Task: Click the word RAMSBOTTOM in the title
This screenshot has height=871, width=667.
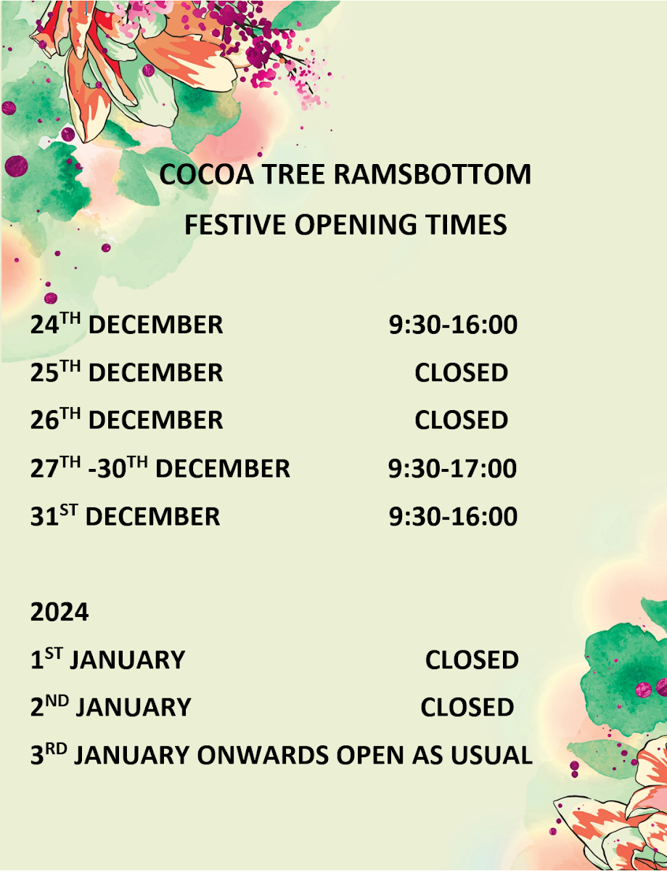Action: tap(432, 174)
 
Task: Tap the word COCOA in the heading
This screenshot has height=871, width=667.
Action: tap(206, 174)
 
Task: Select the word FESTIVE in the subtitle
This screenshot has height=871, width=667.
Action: tap(235, 224)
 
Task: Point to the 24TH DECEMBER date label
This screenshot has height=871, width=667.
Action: tap(126, 324)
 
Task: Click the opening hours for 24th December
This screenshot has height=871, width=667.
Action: tap(453, 324)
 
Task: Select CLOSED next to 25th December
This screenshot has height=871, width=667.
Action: tap(461, 372)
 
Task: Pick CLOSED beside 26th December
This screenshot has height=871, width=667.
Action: tap(461, 420)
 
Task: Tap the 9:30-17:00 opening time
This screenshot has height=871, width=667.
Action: tap(452, 468)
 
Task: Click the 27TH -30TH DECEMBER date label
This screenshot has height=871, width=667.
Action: tap(160, 467)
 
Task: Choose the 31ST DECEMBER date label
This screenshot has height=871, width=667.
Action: tap(125, 515)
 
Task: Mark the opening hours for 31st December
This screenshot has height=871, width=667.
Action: tap(453, 516)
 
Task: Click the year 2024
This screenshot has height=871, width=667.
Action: tap(60, 612)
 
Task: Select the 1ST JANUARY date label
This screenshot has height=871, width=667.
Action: tap(107, 659)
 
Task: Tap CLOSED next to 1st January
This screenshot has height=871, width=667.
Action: tap(472, 660)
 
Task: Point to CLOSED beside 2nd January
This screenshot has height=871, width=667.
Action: tap(467, 707)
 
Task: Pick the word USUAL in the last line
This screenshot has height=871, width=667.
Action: tap(492, 755)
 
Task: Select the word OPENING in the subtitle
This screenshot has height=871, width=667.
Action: tap(356, 224)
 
